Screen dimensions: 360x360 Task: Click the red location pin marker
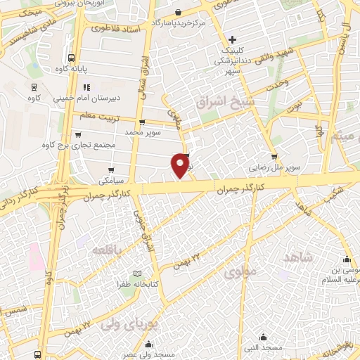[181, 164]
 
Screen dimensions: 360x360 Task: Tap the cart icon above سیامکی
[112, 169]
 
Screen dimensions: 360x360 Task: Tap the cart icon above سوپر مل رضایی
[274, 157]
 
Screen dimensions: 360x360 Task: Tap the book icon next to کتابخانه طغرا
[138, 274]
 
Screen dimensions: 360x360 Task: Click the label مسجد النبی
[264, 347]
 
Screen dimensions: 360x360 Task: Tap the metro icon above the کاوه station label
[34, 87]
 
